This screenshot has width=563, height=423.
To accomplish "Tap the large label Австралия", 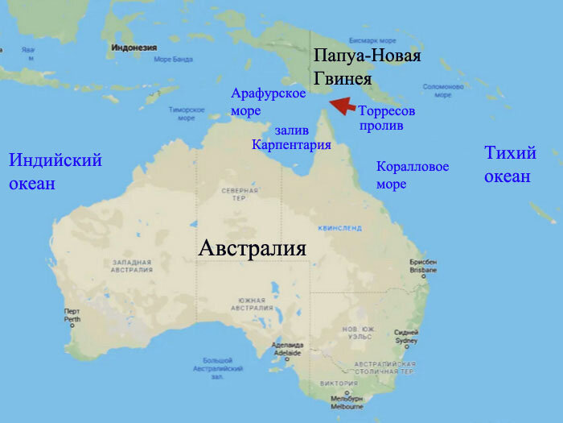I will pos(252,247).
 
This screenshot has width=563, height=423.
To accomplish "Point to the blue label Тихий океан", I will pos(509,164).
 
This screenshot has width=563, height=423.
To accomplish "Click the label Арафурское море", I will pos(268,102).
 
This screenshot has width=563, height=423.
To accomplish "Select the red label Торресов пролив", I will pos(386,118).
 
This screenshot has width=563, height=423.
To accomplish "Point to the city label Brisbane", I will pos(422,267).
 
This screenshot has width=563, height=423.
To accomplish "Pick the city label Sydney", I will pos(406,336).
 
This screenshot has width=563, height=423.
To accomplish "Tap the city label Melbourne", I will pos(347,404).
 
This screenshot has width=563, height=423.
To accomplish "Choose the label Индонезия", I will pos(133,48).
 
